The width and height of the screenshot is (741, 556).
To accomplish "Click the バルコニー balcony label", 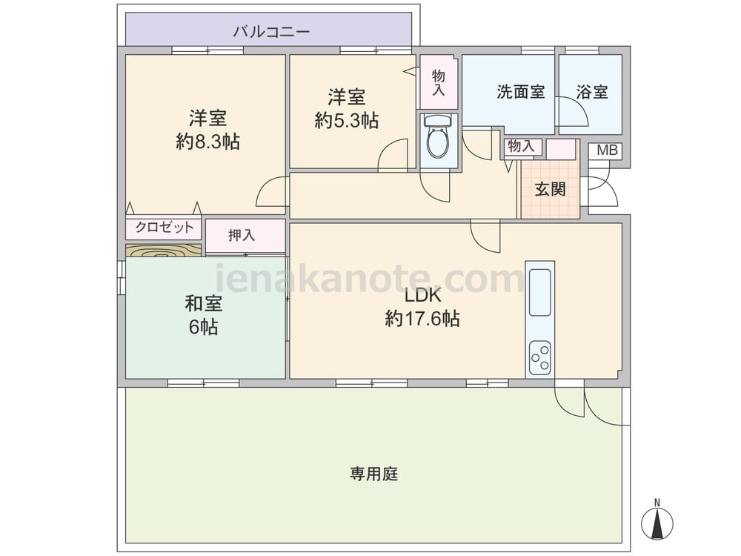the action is click(x=271, y=32).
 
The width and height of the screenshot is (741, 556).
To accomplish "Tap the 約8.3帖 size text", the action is click(x=208, y=142).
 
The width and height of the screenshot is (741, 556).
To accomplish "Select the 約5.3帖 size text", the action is click(x=347, y=121).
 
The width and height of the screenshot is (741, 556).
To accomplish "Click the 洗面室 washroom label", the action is click(x=521, y=92).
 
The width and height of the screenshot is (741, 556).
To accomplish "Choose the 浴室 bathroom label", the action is click(x=592, y=92).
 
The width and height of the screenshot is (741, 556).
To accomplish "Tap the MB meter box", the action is click(x=608, y=150).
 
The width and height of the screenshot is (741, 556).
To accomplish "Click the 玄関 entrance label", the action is click(x=551, y=189).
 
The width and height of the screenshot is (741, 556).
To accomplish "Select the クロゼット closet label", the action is click(x=165, y=228).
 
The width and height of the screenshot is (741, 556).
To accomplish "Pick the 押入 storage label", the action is click(x=242, y=235).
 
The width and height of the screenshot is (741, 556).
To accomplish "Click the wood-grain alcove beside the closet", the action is click(x=164, y=251).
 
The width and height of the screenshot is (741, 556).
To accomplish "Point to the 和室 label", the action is click(x=204, y=303).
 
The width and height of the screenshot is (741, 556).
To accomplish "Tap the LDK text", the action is click(x=422, y=296).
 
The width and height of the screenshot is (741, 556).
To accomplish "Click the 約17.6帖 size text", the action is click(x=422, y=319).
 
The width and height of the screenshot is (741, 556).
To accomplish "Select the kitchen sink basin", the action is click(x=539, y=292).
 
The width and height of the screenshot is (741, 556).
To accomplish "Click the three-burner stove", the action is click(x=539, y=357).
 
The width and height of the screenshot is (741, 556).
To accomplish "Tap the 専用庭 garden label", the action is click(x=373, y=474).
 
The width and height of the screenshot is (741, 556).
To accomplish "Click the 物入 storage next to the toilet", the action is click(x=438, y=82).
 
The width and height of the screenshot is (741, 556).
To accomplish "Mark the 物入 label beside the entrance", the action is click(x=521, y=146).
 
